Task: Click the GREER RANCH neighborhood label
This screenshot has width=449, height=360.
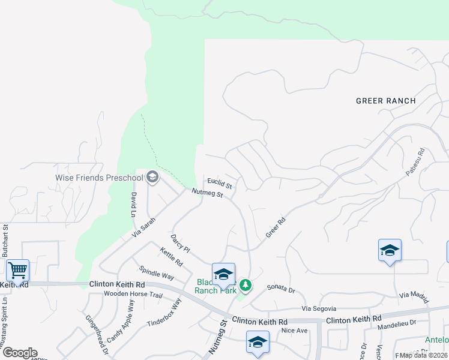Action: coord(385,101)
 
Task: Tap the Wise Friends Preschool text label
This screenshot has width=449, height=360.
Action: coord(99,177)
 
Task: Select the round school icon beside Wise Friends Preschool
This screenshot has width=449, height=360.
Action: coord(152,176)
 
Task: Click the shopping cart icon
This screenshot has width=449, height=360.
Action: coord(17,270)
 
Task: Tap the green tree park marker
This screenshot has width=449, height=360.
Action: coord(245,284)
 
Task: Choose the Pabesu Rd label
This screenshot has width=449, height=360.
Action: coord(415,162)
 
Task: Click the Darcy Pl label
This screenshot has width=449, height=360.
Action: coord(180,244)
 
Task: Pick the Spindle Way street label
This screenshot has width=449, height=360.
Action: coord(156,273)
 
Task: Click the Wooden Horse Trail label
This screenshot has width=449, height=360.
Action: coord(133,294)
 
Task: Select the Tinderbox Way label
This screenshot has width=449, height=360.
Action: coord(164,313)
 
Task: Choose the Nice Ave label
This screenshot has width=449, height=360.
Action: coord(294,331)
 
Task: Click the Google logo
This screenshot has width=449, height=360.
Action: coord(20,353)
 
